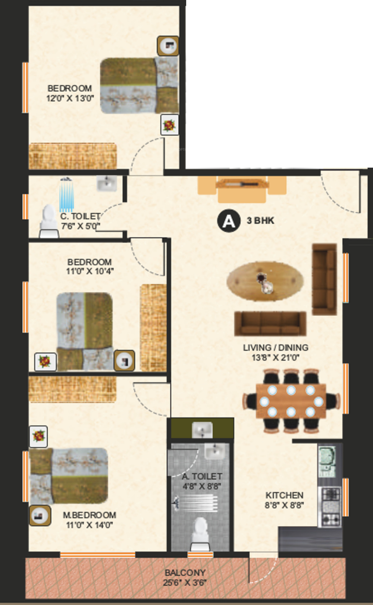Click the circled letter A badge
(228, 221)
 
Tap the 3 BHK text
(260, 221)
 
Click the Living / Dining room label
(276, 347)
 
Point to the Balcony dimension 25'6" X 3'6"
(185, 582)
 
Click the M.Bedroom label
(89, 515)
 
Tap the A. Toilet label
(202, 476)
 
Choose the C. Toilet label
(80, 217)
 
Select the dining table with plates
(291, 401)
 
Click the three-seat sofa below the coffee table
(270, 324)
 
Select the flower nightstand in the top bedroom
(169, 125)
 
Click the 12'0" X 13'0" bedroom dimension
(70, 98)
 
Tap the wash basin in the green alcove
(202, 429)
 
